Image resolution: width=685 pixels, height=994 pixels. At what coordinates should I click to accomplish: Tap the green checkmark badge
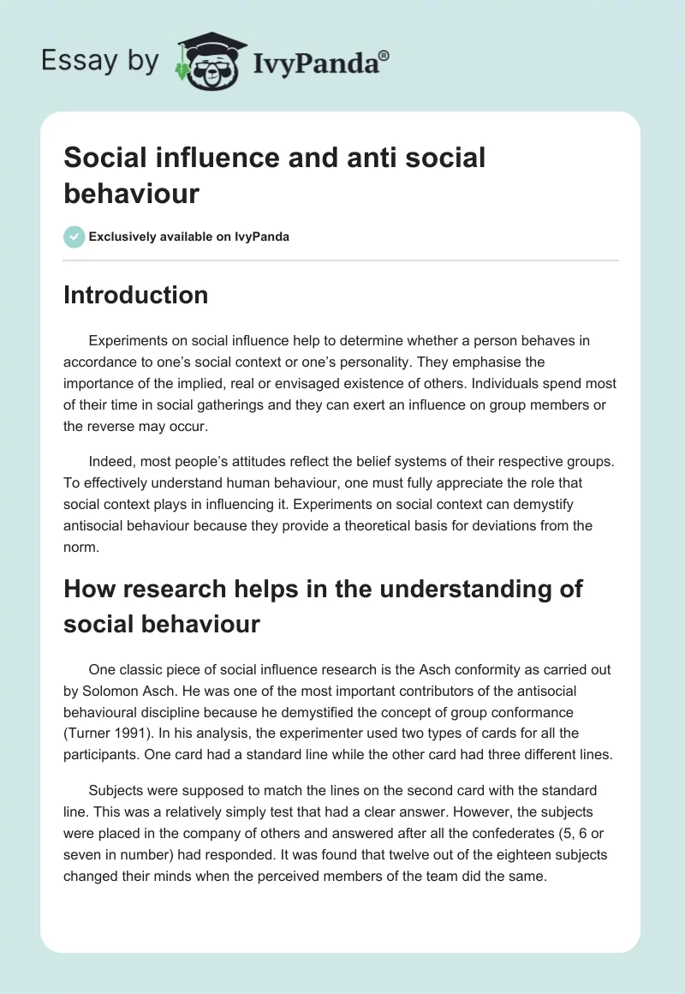74,237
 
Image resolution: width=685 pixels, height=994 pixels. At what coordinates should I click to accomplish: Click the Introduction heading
135,295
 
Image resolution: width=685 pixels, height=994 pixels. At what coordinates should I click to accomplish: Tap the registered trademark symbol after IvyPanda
384,54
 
